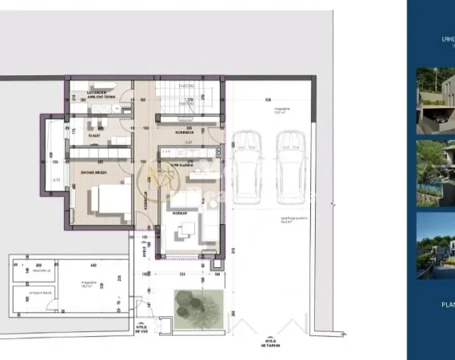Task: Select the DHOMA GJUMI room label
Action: tap(94, 171)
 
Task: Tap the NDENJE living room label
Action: tap(182, 213)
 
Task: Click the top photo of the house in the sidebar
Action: tap(435, 100)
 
